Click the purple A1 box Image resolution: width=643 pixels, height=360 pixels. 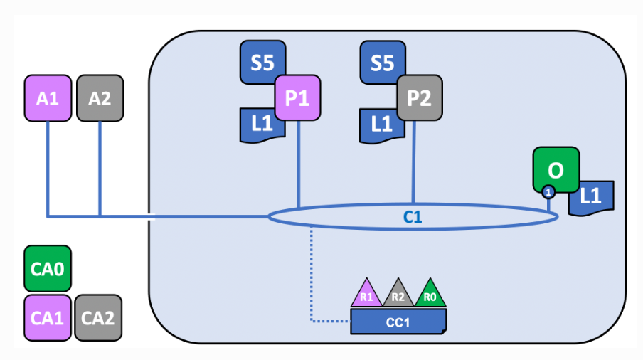click(x=47, y=98)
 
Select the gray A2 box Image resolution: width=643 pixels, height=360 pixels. click(x=100, y=98)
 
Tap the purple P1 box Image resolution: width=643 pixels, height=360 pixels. click(x=297, y=98)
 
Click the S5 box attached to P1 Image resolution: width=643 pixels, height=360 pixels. click(x=261, y=63)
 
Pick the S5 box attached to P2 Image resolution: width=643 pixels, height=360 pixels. click(x=381, y=63)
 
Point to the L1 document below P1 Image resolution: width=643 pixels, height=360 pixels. click(x=260, y=125)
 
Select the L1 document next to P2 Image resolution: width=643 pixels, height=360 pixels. click(x=381, y=125)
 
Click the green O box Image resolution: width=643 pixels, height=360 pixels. click(x=556, y=170)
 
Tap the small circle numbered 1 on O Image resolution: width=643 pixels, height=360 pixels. click(x=548, y=191)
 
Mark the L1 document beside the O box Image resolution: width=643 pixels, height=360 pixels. click(x=592, y=197)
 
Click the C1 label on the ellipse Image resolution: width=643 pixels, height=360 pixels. click(x=413, y=217)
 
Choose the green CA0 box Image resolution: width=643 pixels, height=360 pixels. click(x=47, y=270)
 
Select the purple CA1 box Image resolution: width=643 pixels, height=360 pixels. click(x=47, y=317)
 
